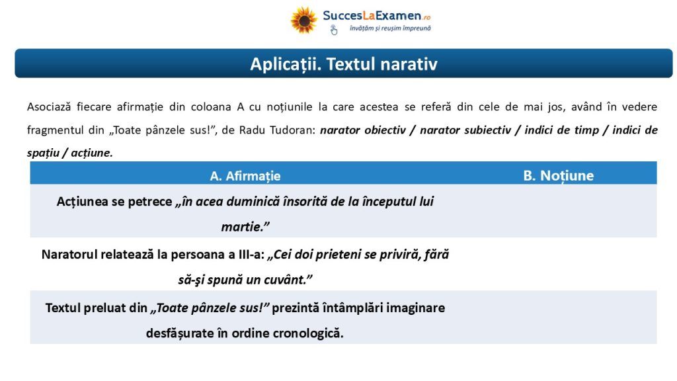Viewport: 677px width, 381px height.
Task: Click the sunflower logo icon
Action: click(x=304, y=20)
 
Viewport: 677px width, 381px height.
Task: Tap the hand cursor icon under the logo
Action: click(x=334, y=30)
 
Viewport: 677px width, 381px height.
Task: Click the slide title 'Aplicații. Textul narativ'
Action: click(x=344, y=64)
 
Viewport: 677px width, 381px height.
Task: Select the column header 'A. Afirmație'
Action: click(x=245, y=176)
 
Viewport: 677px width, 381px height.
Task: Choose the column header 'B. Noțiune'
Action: click(x=558, y=175)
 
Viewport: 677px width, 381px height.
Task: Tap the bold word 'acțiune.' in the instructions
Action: click(x=91, y=153)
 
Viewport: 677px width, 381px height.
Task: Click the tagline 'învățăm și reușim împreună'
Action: click(x=390, y=28)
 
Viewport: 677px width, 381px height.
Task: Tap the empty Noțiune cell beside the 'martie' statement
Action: click(x=558, y=211)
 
